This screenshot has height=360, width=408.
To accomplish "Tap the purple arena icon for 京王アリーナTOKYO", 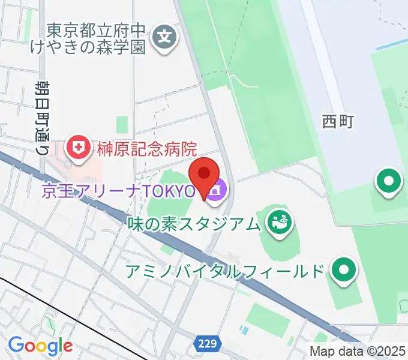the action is pos(218,191).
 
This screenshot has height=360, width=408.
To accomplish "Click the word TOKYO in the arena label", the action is pos(171,192).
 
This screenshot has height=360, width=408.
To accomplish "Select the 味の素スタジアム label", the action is pos(196,224).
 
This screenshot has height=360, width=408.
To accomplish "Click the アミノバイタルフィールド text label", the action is pos(225,271).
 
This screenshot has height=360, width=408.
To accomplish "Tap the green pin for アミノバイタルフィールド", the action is pos(344,270).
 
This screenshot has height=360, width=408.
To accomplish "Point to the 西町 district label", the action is pos(338,122).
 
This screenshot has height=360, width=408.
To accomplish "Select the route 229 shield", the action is pos(205,344).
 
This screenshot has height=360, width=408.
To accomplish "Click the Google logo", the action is pos(40,346).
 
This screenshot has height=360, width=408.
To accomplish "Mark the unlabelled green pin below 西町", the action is pos(389,181).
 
